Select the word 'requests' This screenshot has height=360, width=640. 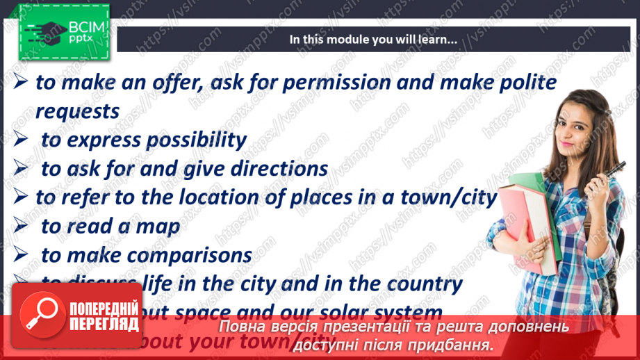point(77,111)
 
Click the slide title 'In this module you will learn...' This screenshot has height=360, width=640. point(373,40)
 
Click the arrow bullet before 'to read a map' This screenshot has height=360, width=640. point(21,227)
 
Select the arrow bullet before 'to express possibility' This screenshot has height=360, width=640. point(21,140)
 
